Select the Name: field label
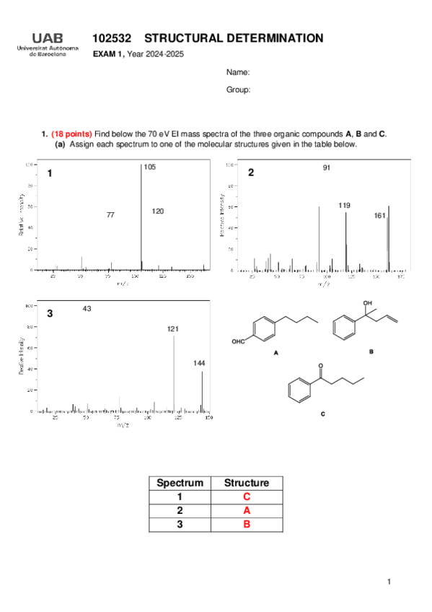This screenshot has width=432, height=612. coord(238,73)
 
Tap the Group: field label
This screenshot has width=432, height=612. coord(238,90)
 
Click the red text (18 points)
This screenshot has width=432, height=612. coord(71,134)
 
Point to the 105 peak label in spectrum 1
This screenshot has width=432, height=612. coord(149,167)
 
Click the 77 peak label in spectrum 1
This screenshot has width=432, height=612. coord(110,215)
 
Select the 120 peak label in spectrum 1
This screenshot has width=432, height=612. coord(158,211)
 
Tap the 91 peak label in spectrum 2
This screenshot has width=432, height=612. coord(327,168)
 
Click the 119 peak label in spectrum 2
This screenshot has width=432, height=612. coord(344,206)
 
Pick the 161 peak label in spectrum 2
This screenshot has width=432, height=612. coord(380,216)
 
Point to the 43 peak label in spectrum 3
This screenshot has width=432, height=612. coord(87,309)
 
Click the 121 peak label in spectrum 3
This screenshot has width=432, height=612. coord(173,329)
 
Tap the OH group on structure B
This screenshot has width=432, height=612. coord(368,304)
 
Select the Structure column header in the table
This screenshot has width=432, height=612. coord(247,484)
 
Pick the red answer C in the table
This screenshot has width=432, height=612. coord(247,497)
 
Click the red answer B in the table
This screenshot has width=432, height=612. coord(247,525)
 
